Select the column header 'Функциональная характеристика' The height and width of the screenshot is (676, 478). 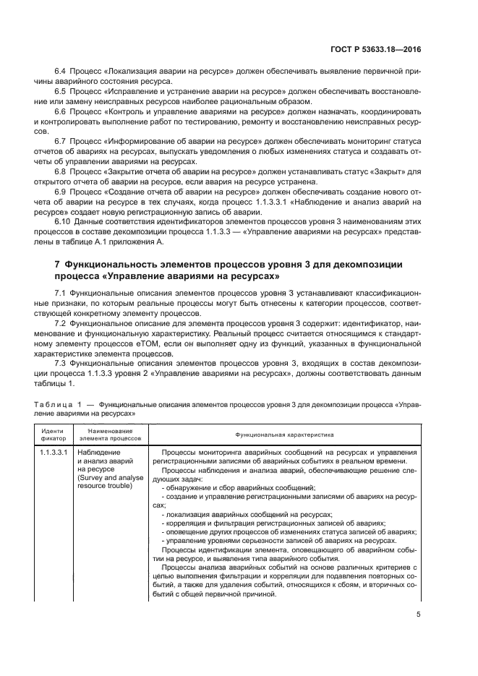pos(283,436)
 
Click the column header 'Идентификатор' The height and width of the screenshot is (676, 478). pos(49,436)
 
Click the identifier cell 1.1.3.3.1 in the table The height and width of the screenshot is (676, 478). pos(53,453)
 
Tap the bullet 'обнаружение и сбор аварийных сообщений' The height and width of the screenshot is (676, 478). pos(239,489)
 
